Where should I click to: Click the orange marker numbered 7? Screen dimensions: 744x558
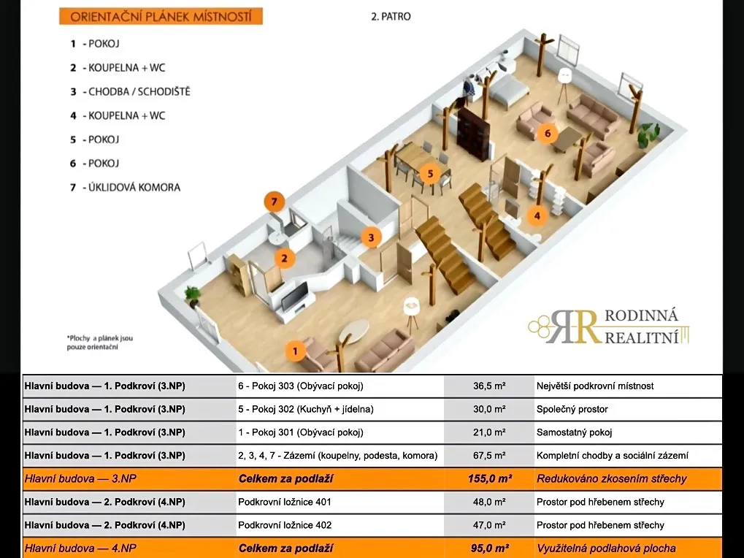point(275,202)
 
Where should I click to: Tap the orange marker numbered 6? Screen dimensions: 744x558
point(547,134)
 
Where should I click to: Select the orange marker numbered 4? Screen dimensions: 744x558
point(537,216)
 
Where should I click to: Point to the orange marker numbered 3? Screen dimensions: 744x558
point(371,237)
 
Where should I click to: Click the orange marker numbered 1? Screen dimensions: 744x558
point(295,351)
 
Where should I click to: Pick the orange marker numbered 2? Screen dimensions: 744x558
point(284,259)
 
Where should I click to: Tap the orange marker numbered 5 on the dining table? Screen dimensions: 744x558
point(430,174)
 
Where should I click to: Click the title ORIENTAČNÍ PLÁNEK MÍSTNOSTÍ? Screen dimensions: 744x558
point(161,17)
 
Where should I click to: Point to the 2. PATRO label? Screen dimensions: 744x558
point(391,17)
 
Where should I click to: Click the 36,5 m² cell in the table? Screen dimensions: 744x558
point(489,386)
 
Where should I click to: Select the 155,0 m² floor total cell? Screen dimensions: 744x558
point(489,479)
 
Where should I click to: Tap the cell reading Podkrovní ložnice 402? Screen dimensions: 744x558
point(285,525)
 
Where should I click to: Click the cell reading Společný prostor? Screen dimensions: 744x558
point(572,409)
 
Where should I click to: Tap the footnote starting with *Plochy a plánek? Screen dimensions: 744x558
point(99,343)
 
